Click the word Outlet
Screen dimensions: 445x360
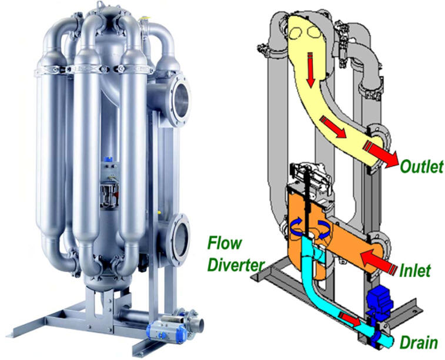(421, 166)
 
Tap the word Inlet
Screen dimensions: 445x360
(414, 270)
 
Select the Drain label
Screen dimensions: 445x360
(419, 342)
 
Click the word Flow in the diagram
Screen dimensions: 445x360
(225, 243)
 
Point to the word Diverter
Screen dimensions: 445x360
(235, 265)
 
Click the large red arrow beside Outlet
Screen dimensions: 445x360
(381, 154)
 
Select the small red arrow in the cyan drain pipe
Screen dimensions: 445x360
(350, 319)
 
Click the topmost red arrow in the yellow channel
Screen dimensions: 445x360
(311, 69)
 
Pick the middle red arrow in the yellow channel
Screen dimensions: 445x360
(333, 127)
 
